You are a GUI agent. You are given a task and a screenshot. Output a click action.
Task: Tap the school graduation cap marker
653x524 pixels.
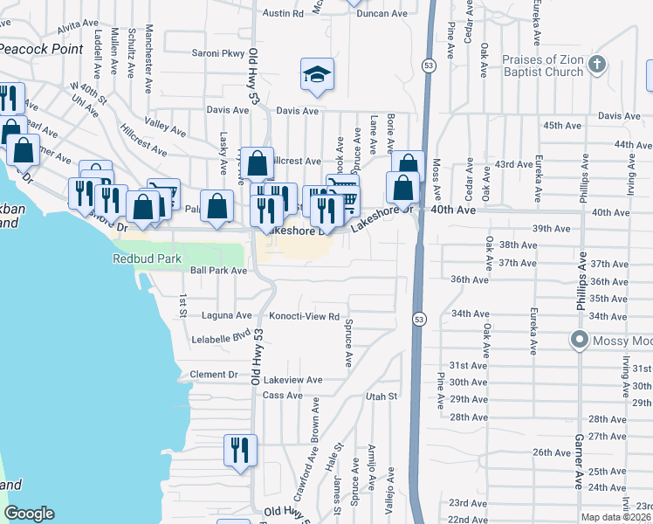(317, 76)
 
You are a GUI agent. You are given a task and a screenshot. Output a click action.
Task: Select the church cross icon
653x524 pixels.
(597, 65)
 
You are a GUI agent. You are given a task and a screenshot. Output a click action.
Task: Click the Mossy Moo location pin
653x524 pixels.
(579, 340)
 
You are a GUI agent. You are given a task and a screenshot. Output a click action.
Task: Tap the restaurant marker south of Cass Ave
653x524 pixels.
(240, 451)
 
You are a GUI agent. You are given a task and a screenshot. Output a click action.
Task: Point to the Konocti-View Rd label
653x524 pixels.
(304, 315)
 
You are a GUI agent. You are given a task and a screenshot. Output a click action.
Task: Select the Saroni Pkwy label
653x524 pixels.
(218, 53)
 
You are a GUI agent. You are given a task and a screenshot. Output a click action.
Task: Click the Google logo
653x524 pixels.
(29, 514)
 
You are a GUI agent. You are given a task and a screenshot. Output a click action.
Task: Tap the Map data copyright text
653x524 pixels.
(616, 517)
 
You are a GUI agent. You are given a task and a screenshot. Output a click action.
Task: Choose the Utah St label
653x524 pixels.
(381, 396)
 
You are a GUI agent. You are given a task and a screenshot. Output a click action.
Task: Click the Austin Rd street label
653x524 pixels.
(283, 14)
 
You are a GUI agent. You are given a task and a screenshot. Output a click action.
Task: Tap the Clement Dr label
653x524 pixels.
(214, 375)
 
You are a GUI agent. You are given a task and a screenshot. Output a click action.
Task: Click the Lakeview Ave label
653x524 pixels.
(293, 381)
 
